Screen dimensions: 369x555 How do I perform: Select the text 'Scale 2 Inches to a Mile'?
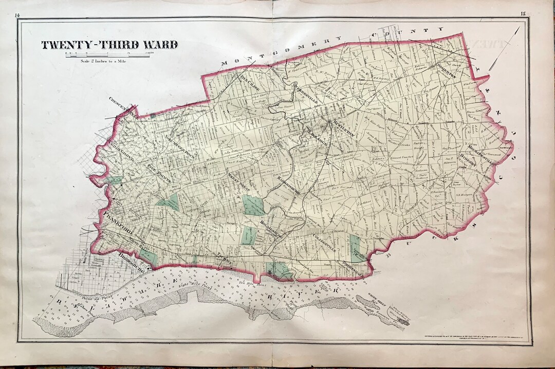click(x=103, y=61)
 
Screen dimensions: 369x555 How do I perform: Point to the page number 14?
click(x=17, y=15)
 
